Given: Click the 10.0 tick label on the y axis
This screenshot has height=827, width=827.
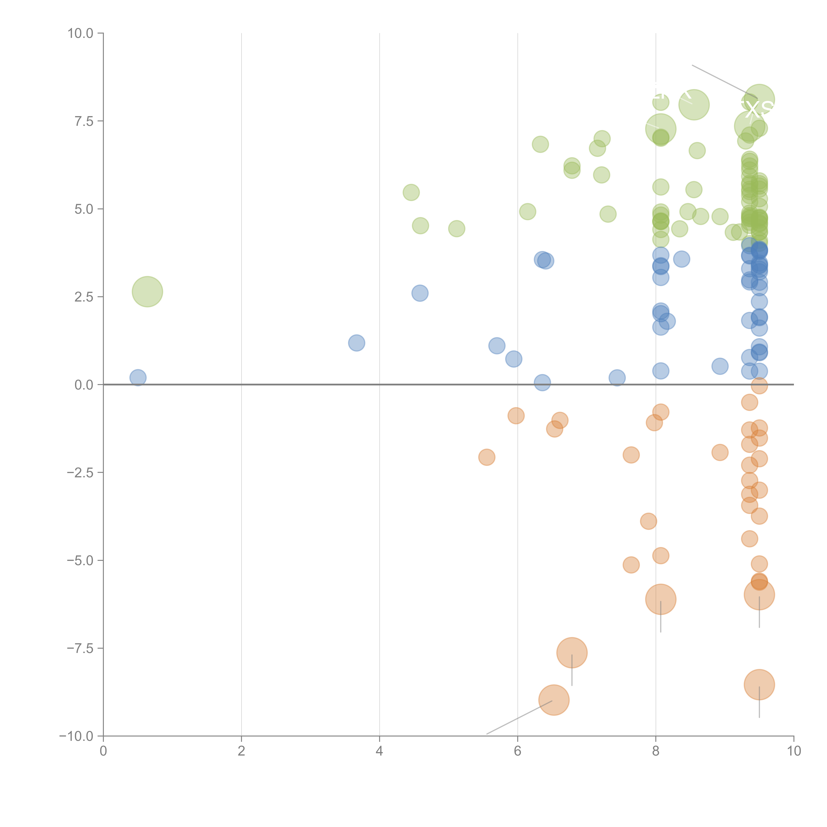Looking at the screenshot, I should click(x=81, y=33).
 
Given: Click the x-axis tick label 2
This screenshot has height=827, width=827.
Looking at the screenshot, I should click(x=241, y=751).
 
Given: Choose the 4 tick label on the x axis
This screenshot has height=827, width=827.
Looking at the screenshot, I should click(x=379, y=751).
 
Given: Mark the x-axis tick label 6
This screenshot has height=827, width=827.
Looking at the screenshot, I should click(x=518, y=751).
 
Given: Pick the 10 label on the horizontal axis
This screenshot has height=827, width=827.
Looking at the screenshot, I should click(x=794, y=751).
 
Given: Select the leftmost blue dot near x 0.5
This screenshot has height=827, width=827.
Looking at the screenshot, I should click(x=138, y=378).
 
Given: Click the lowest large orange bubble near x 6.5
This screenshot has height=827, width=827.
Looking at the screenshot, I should click(x=554, y=700).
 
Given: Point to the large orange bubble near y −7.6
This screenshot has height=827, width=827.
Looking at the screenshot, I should click(x=572, y=653).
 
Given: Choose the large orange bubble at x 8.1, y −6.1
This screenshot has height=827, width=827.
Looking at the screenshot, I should click(x=660, y=599).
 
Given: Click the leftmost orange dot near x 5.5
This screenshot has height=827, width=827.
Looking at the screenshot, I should click(x=487, y=457).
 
